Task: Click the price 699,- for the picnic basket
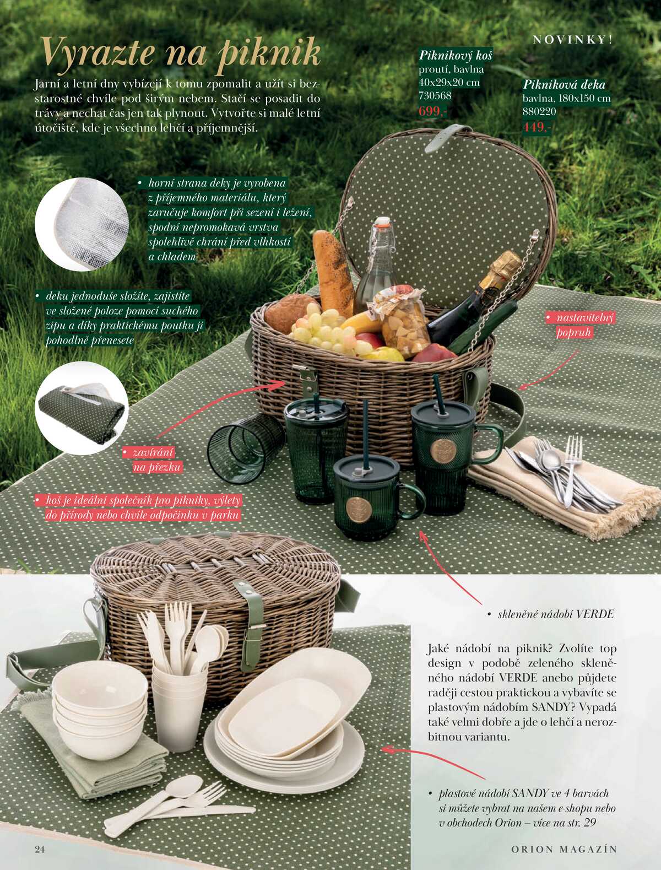click(433, 111)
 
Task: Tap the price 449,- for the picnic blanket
click(537, 127)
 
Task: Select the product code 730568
click(435, 95)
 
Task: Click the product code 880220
click(539, 111)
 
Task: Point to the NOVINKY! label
click(573, 40)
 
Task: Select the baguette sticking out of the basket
click(333, 273)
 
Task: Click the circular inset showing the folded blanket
click(82, 408)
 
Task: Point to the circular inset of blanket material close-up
click(82, 224)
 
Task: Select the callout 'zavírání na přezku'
click(152, 460)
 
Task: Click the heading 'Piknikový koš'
click(456, 56)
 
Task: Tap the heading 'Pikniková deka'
click(564, 84)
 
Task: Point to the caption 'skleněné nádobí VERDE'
click(551, 614)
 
